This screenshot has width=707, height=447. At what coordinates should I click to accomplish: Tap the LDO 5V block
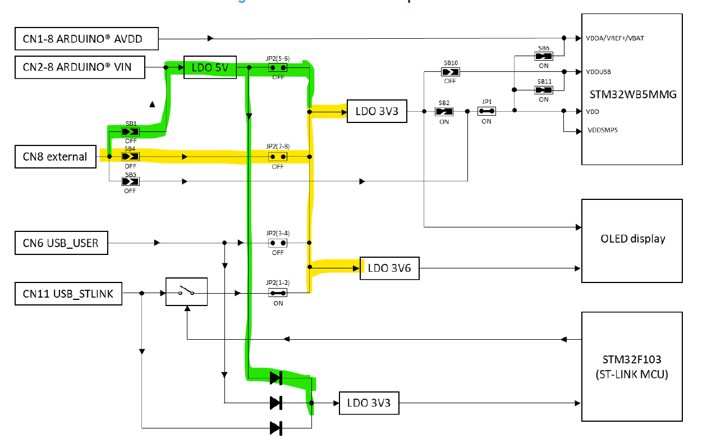click(x=210, y=67)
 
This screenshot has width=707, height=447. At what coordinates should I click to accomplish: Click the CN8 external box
click(x=54, y=156)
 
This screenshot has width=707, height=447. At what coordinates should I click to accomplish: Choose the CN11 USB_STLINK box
click(x=68, y=293)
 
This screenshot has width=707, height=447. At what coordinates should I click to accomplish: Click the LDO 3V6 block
click(x=389, y=268)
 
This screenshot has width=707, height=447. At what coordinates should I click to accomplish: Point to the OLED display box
click(x=632, y=239)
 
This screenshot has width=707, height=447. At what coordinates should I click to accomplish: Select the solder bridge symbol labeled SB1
click(x=130, y=132)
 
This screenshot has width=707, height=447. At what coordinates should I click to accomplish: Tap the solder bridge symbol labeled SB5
click(x=130, y=181)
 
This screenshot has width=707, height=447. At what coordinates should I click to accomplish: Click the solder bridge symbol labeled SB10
click(x=449, y=72)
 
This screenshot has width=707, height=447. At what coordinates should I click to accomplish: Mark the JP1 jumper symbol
click(x=486, y=112)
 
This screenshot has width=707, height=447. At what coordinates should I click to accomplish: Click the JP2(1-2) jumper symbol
click(x=278, y=293)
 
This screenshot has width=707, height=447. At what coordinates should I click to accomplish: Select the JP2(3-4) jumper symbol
click(x=278, y=243)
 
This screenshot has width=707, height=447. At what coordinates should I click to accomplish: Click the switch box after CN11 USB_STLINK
click(x=186, y=292)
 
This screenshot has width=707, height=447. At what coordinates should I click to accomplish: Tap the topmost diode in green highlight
click(x=276, y=378)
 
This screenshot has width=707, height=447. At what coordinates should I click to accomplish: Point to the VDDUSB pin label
click(x=599, y=72)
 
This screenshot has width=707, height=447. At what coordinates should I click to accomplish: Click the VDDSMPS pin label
click(x=603, y=130)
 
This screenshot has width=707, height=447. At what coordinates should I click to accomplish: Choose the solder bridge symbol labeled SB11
click(x=544, y=90)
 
